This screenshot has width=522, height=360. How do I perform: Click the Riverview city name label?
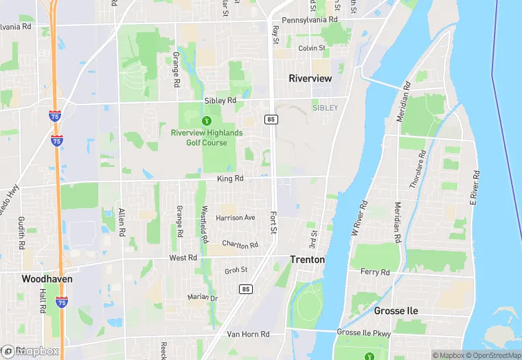(x=310, y=78)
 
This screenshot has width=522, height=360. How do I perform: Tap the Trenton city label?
(x=307, y=260)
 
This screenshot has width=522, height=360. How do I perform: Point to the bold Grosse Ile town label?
(x=396, y=311)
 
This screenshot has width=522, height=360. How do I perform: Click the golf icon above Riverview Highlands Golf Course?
(x=205, y=121)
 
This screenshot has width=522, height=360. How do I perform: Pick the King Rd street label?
(x=230, y=179)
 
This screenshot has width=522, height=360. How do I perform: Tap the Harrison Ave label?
(x=235, y=218)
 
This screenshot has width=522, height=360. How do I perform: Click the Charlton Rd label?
(x=240, y=245)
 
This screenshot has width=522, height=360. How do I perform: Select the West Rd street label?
(x=183, y=258)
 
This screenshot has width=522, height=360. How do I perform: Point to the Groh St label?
(x=236, y=271)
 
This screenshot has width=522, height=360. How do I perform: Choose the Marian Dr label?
(x=203, y=297)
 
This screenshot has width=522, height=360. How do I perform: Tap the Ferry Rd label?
(x=375, y=272)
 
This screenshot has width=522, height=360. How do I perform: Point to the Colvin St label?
(x=311, y=48)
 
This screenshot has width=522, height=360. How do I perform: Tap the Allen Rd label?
(x=122, y=221)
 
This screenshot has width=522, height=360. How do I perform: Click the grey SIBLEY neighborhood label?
(x=325, y=108)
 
